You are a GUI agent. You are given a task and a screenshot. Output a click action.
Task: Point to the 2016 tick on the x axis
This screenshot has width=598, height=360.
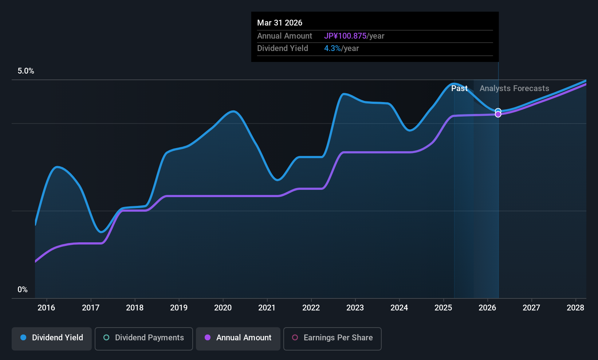(x=46, y=308)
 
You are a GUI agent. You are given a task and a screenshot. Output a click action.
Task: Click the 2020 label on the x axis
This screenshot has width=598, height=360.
(x=223, y=308)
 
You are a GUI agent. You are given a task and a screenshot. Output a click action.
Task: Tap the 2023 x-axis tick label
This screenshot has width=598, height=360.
(x=355, y=308)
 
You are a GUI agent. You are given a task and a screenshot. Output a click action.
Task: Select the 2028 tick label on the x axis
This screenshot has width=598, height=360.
(x=575, y=308)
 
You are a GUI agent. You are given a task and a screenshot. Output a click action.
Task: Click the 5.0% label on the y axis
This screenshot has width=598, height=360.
(x=26, y=71)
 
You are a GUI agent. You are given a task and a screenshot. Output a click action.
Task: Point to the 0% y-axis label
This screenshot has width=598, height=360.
(x=23, y=290)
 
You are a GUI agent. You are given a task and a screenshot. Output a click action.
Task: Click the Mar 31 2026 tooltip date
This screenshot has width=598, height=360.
(x=280, y=23)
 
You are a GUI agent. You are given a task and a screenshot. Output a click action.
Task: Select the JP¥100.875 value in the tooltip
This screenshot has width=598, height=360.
(x=345, y=36)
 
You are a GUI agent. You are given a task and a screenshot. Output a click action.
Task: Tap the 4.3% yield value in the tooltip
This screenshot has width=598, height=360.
(x=333, y=48)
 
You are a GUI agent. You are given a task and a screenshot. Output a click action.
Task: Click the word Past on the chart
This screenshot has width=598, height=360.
(x=459, y=89)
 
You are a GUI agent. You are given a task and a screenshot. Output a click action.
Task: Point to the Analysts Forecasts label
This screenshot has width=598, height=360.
(x=514, y=89)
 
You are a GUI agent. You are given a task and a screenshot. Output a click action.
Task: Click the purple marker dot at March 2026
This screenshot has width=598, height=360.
(x=498, y=114)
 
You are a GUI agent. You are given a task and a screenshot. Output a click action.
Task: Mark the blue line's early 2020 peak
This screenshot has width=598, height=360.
(x=233, y=111)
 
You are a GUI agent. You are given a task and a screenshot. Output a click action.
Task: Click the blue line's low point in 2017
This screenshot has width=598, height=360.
(x=102, y=232)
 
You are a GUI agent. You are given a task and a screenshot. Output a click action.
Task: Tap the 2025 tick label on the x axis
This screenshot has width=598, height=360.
(x=443, y=308)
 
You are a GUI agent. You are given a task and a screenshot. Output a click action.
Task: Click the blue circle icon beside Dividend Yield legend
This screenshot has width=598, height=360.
(x=23, y=338)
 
